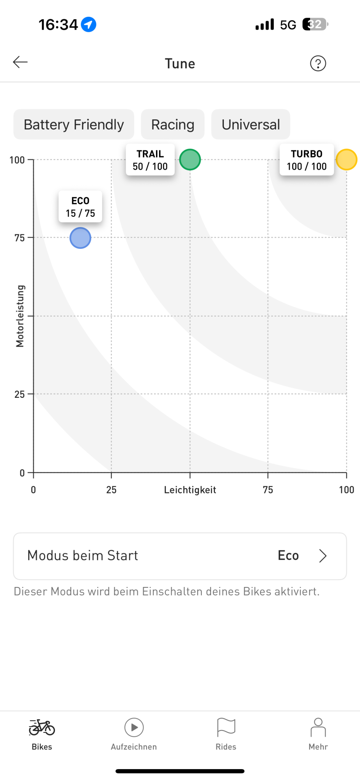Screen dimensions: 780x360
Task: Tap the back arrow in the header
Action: click(20, 62)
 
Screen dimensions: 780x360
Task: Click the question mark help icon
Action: click(318, 63)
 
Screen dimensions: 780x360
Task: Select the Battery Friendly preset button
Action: click(74, 124)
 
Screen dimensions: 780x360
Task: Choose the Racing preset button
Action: click(173, 124)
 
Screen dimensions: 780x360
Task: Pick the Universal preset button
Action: click(251, 124)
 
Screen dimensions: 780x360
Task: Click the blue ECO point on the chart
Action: click(80, 238)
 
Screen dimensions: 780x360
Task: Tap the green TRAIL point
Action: click(190, 160)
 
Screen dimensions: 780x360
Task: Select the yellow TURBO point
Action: click(346, 160)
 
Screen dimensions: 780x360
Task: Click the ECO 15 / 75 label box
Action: click(80, 207)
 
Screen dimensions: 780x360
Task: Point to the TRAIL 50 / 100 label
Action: click(150, 160)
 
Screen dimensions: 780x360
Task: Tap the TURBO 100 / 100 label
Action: click(307, 160)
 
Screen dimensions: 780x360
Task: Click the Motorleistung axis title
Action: click(20, 316)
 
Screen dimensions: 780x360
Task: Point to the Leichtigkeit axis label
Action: click(190, 490)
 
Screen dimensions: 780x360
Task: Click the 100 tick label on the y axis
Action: click(17, 160)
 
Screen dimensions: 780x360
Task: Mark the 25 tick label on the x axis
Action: click(111, 490)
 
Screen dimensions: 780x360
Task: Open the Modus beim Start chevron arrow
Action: click(323, 556)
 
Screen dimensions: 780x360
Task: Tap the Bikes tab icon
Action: click(42, 728)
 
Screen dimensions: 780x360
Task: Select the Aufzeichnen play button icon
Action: click(134, 728)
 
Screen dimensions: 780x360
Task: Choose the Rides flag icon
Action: click(226, 727)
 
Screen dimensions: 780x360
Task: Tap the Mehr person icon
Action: click(318, 727)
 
